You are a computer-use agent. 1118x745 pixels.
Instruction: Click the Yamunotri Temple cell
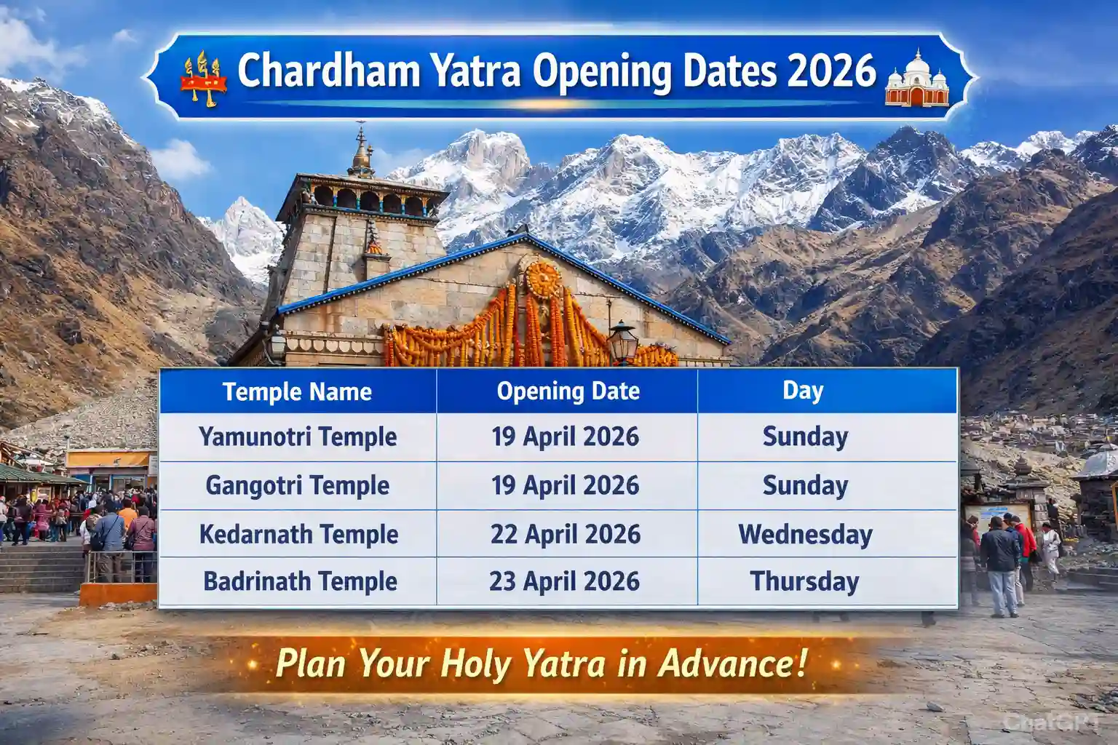coord(298,437)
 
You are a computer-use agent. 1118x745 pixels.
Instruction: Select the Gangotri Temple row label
coord(298,485)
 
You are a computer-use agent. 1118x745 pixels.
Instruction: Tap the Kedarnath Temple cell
coord(298,534)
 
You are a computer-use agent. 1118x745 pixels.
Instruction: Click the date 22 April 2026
coord(566,534)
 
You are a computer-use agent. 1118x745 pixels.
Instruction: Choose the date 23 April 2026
coord(565,581)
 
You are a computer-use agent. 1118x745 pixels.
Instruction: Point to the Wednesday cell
coord(806,535)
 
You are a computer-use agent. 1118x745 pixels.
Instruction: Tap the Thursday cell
coord(804,581)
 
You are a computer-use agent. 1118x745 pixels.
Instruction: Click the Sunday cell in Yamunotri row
coord(805,437)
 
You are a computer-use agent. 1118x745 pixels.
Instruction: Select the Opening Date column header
coord(568,391)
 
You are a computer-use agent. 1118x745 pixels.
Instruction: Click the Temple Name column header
coord(297,391)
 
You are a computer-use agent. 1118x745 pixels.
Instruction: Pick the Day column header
coord(803,391)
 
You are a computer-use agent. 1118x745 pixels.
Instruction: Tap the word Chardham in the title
coord(328,71)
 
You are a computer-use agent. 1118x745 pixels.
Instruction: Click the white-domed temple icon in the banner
coord(916,78)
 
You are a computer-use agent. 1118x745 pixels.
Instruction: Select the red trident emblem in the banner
coord(203,79)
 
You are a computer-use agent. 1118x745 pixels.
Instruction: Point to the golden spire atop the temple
coord(361,151)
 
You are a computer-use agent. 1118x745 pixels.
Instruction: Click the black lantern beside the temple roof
coord(622,340)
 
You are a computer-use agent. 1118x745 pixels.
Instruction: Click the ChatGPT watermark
coord(1051,722)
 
